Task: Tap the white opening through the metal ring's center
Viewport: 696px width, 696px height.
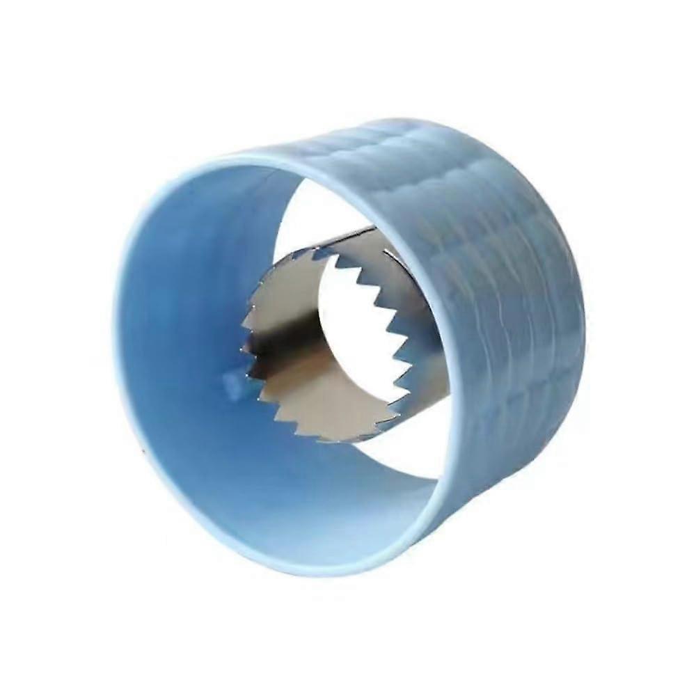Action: point(348,327)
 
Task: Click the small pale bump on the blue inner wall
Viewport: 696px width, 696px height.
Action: point(232,382)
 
